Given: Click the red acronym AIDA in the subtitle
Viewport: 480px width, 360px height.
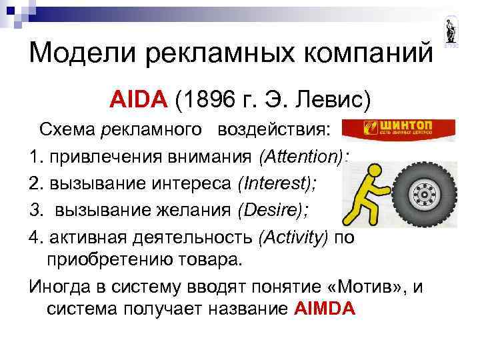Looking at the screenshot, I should [138, 99].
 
